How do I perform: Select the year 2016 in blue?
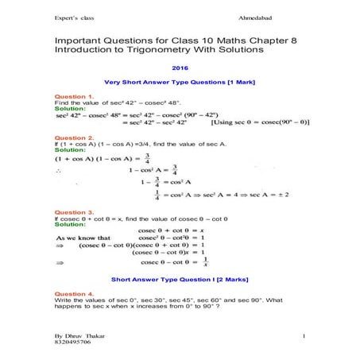[x=181, y=68]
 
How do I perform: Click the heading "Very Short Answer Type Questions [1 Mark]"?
[x=180, y=83]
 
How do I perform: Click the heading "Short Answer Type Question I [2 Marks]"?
[x=180, y=280]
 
